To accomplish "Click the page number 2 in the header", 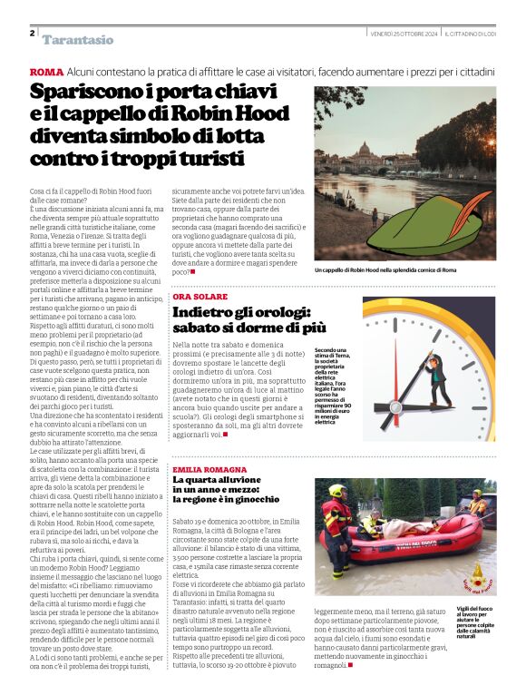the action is coord(32,33).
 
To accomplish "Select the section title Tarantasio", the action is coord(78,40).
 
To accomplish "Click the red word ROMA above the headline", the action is coord(46,72).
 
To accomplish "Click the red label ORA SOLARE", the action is coord(200,297).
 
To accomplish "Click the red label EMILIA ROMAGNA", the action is coord(209,469).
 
